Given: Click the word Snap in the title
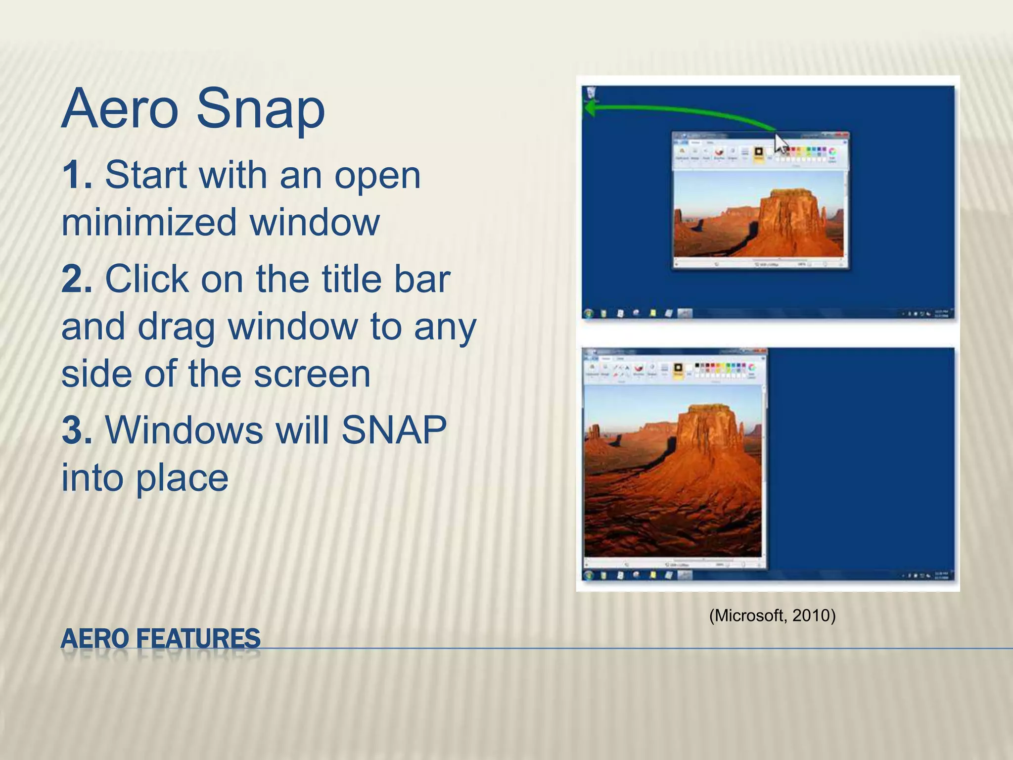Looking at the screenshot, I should (260, 110).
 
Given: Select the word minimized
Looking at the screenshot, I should (149, 222).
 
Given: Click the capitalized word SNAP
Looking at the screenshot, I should (394, 430).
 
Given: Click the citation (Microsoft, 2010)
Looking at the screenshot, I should (772, 616).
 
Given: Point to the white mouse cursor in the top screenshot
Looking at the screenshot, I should (781, 144).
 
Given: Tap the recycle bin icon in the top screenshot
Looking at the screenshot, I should (591, 93).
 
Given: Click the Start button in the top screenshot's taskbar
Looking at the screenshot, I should (589, 314).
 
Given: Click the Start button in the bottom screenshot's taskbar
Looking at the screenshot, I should (589, 575).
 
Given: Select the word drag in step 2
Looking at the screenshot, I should (176, 327).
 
